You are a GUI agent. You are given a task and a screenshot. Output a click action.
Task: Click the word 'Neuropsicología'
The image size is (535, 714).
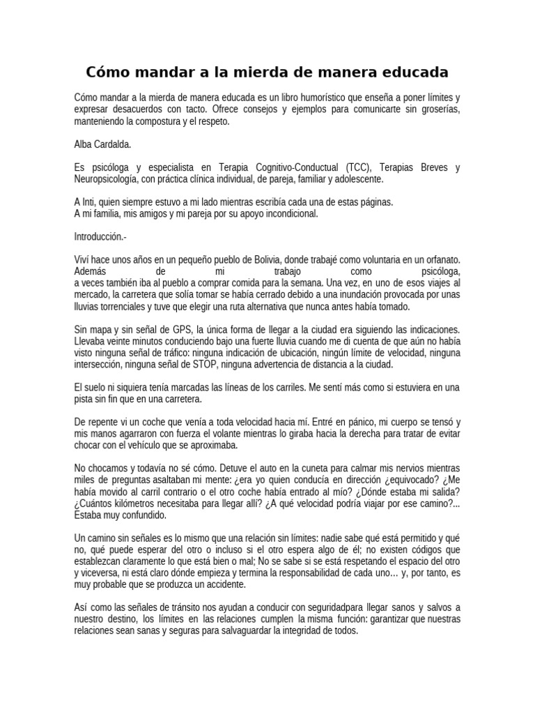click(x=106, y=179)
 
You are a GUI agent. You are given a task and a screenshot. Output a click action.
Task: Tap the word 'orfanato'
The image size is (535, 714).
click(x=440, y=259)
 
